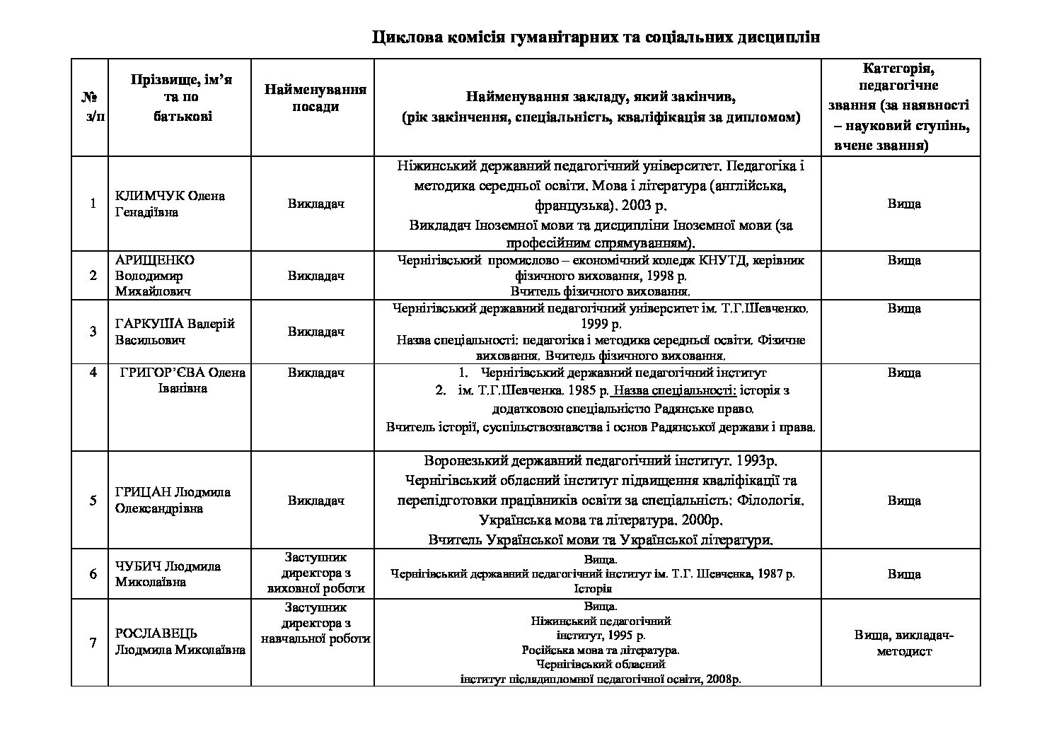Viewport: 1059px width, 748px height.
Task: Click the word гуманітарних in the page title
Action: [x=557, y=37]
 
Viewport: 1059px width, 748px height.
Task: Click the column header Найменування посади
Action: [x=316, y=98]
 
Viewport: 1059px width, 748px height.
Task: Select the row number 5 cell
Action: [x=93, y=501]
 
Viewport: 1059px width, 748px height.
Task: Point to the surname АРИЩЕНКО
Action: [x=155, y=259]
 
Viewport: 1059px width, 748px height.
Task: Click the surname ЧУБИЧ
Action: [x=138, y=566]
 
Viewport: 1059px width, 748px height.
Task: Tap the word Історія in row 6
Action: [x=593, y=588]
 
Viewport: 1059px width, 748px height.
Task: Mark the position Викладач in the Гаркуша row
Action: [x=316, y=332]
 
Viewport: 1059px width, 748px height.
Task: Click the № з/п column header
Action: [x=91, y=106]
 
